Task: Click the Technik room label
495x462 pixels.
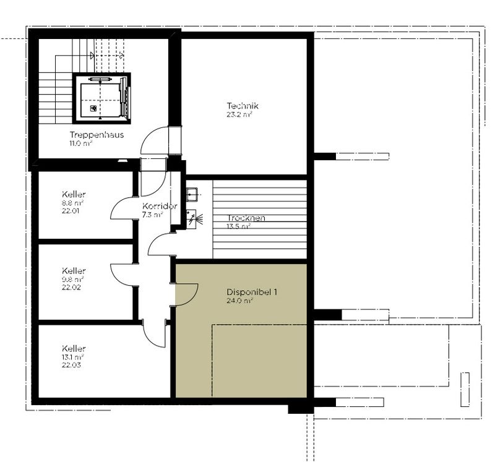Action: [243, 106]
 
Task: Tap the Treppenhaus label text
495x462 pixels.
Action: [97, 135]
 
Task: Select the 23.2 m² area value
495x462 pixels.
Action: [239, 114]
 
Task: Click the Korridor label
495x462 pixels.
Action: [160, 206]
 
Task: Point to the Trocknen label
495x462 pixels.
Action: [246, 218]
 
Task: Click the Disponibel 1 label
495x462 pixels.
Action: [252, 292]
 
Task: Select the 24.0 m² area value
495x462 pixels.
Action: [239, 301]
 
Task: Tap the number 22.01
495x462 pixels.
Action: [71, 211]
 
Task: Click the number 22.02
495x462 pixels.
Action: [71, 287]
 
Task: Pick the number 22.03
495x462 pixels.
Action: [71, 365]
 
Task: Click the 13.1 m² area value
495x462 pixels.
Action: [72, 357]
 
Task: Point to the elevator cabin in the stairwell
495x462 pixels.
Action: [101, 98]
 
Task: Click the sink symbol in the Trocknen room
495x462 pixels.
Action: [192, 194]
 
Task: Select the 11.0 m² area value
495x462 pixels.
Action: [81, 143]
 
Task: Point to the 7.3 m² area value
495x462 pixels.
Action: [152, 215]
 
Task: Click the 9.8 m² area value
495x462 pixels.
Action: [72, 280]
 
